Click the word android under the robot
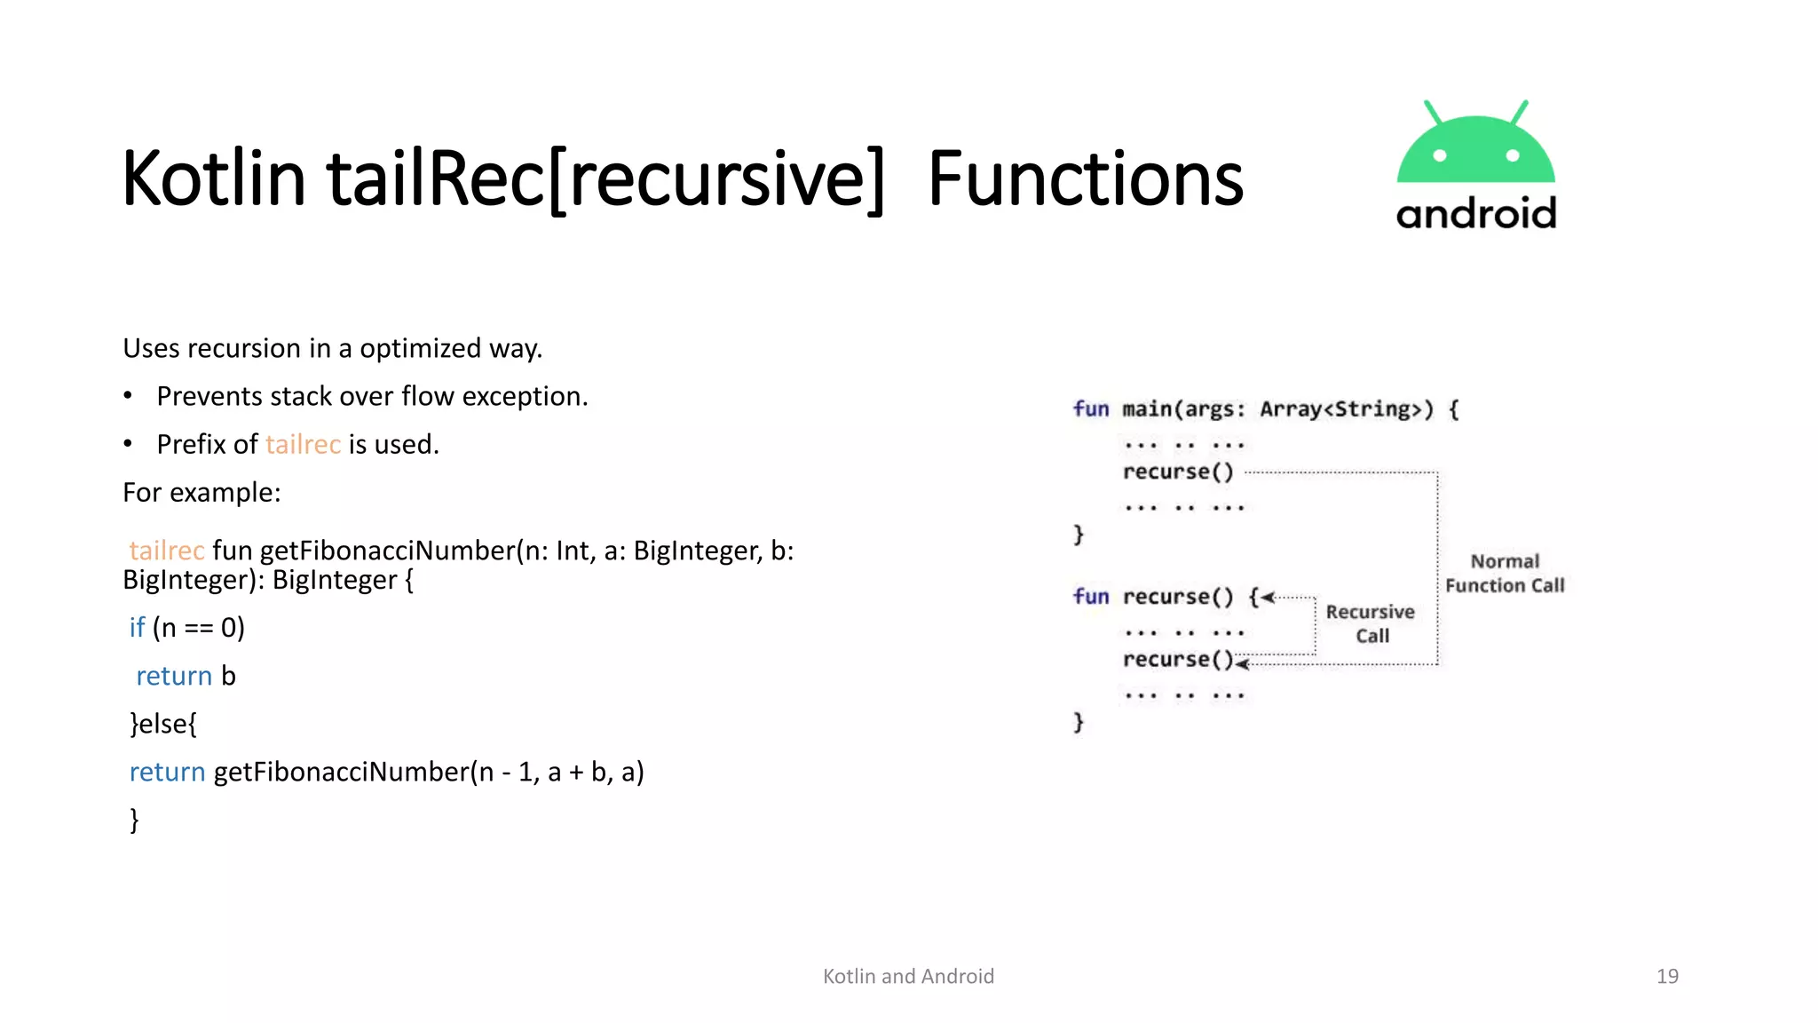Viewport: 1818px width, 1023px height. [x=1475, y=214]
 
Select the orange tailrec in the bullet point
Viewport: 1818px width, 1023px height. [x=303, y=444]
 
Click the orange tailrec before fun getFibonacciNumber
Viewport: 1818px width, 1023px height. [x=167, y=551]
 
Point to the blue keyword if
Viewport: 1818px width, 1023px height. [x=137, y=628]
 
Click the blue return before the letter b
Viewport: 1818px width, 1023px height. [x=174, y=676]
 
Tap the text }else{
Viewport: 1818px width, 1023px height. [x=163, y=724]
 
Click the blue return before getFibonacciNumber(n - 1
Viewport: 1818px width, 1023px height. [x=167, y=772]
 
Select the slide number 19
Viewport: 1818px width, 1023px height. [x=1667, y=976]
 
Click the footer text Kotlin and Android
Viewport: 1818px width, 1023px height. [x=908, y=976]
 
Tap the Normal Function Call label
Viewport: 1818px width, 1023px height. [x=1505, y=573]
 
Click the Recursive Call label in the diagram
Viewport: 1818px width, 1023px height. [x=1371, y=623]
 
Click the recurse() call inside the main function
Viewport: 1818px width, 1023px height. [x=1178, y=472]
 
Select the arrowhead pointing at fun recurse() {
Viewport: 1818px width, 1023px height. [x=1268, y=598]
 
